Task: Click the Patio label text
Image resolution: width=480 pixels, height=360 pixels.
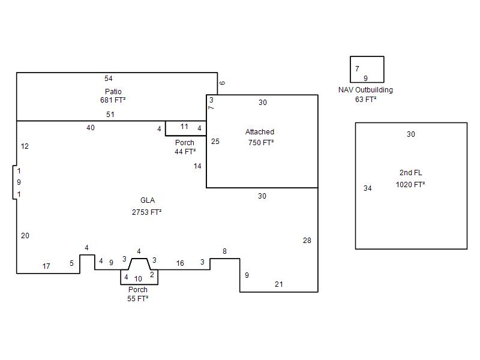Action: pyautogui.click(x=113, y=92)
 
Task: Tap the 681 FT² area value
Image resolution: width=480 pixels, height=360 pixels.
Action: pyautogui.click(x=113, y=100)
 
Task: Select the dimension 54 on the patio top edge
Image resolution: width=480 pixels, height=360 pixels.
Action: pyautogui.click(x=109, y=79)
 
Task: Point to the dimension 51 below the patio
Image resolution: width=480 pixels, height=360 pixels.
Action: pyautogui.click(x=110, y=115)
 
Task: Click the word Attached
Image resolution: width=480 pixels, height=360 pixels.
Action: pyautogui.click(x=260, y=132)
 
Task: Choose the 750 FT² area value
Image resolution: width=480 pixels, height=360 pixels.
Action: pyautogui.click(x=261, y=143)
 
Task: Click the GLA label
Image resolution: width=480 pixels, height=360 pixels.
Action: pyautogui.click(x=148, y=200)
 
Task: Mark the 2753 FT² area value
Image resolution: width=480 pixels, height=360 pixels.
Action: pyautogui.click(x=146, y=212)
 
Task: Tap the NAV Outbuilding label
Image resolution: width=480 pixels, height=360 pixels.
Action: pyautogui.click(x=365, y=90)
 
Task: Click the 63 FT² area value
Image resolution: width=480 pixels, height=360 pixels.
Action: pyautogui.click(x=365, y=100)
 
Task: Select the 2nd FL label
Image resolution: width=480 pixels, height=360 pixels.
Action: pyautogui.click(x=411, y=173)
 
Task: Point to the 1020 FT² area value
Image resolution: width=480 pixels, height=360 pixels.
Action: pyautogui.click(x=410, y=185)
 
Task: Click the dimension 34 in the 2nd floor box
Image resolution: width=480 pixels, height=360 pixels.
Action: pyautogui.click(x=368, y=188)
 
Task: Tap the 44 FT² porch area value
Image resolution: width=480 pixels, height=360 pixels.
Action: pyautogui.click(x=185, y=152)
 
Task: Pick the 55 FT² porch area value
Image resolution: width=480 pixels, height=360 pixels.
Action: pyautogui.click(x=138, y=298)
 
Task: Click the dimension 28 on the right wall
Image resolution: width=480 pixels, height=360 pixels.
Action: pyautogui.click(x=307, y=241)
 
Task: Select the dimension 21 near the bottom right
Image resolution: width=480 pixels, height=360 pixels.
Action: pyautogui.click(x=279, y=284)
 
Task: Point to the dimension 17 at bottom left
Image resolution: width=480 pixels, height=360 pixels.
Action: pyautogui.click(x=46, y=266)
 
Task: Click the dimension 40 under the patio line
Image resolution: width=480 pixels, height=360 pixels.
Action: pyautogui.click(x=91, y=128)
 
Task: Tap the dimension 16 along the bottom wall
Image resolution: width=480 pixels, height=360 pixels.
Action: pyautogui.click(x=180, y=263)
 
